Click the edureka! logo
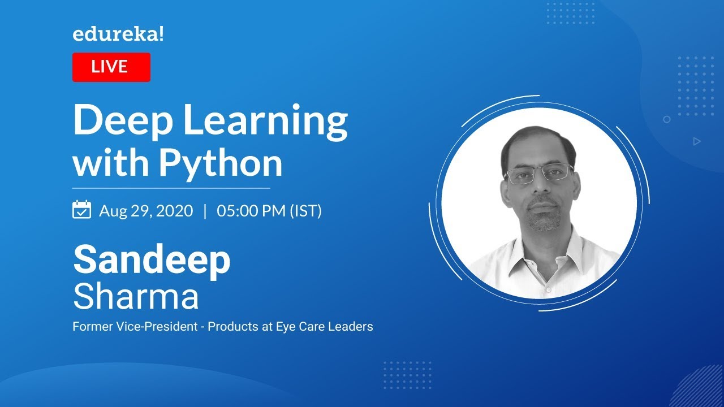coord(118,34)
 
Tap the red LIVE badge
coord(111,67)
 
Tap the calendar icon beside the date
coord(82,210)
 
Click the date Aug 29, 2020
coord(146,211)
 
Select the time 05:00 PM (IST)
coord(269,211)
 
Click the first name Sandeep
coord(152,260)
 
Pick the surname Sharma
coord(136,297)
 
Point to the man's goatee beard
coord(544,220)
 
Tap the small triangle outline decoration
coord(697,141)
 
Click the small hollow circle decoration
coord(667,119)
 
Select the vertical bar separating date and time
coord(205,211)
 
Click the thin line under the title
coord(171,188)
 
